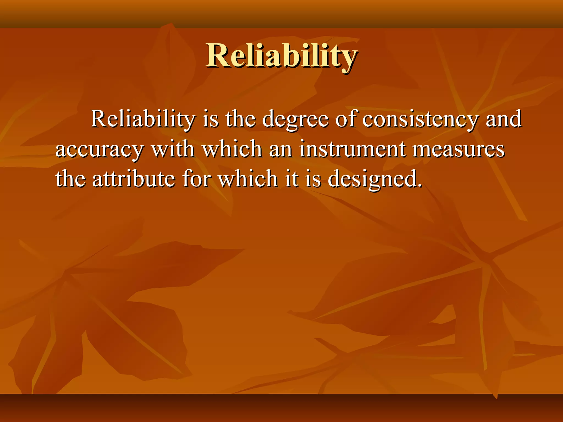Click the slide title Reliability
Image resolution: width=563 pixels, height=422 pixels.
[x=281, y=56]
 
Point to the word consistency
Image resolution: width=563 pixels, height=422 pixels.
[x=420, y=120]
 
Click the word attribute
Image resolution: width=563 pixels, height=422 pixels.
[x=134, y=179]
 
